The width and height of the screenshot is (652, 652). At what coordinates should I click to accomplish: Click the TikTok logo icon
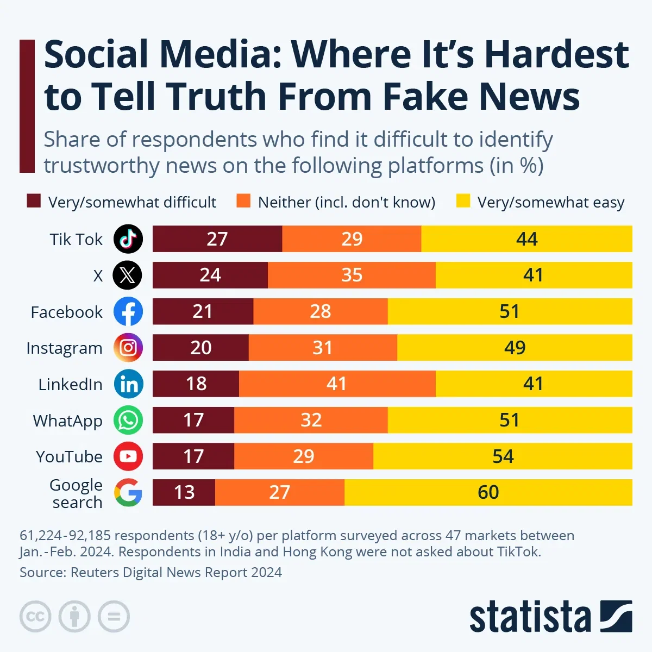[x=128, y=239]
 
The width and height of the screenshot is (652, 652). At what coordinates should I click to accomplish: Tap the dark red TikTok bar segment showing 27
[x=217, y=239]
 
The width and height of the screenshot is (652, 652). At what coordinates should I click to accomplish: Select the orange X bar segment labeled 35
[x=352, y=275]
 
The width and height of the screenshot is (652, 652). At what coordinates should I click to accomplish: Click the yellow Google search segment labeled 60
[x=488, y=492]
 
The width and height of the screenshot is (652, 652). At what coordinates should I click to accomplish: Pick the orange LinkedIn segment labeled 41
[x=337, y=384]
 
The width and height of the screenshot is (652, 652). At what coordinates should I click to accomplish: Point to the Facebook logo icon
[x=128, y=311]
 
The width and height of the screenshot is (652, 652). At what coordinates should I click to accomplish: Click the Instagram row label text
[x=64, y=348]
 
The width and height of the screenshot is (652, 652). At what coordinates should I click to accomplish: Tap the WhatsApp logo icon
[x=128, y=420]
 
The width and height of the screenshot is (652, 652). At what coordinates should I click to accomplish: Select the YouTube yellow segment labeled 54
[x=503, y=456]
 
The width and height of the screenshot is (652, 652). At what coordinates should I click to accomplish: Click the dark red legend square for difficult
[x=34, y=201]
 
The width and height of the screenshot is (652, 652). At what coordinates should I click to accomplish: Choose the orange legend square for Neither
[x=243, y=201]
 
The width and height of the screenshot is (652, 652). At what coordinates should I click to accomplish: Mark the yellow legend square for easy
[x=463, y=201]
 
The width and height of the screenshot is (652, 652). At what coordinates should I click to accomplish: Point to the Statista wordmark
[x=530, y=617]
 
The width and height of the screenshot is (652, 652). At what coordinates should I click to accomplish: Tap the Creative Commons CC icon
[x=35, y=617]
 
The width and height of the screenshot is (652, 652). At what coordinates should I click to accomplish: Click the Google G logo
[x=128, y=492]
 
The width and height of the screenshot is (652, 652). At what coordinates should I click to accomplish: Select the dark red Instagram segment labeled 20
[x=200, y=348]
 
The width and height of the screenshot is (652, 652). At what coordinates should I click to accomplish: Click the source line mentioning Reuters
[x=151, y=572]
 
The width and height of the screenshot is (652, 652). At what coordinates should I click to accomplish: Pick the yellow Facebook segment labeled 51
[x=510, y=311]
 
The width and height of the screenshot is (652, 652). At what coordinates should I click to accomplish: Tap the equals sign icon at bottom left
[x=114, y=617]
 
